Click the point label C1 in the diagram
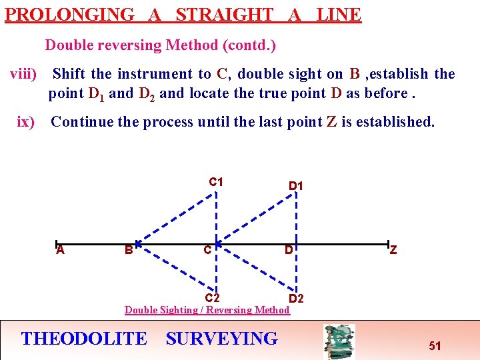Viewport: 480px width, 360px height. [216, 182]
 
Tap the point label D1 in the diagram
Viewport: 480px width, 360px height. [296, 186]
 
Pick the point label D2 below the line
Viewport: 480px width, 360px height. [296, 298]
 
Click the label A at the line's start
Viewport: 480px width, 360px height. [60, 250]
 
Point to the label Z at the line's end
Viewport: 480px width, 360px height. [393, 250]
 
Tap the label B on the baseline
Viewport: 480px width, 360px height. [128, 251]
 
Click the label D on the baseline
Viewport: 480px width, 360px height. [289, 251]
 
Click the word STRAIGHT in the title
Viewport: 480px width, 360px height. [225, 15]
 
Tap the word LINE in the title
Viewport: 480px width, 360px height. [339, 15]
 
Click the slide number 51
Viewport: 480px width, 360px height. [435, 346]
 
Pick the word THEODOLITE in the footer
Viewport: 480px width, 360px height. [84, 339]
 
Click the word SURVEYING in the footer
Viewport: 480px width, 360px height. [221, 339]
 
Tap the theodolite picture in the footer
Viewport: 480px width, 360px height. [339, 341]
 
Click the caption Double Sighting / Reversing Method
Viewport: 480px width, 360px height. [207, 310]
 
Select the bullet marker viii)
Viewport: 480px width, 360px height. [23, 74]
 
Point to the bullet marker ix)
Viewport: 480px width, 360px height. [26, 122]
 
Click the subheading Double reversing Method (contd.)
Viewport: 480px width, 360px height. [161, 45]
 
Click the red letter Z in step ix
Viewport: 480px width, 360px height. [331, 122]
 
